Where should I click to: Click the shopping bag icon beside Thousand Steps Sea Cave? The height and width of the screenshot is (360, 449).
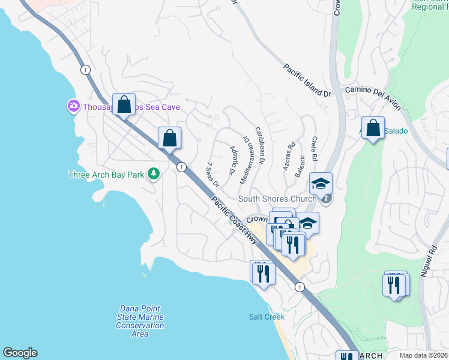tap(124, 104)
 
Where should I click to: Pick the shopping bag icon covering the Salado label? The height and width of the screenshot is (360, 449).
tap(373, 128)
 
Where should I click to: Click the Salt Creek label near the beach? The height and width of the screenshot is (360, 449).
tap(267, 316)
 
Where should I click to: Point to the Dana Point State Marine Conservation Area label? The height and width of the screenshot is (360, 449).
tap(140, 321)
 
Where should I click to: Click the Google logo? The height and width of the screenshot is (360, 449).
tap(20, 353)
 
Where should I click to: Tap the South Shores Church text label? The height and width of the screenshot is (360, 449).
tap(277, 199)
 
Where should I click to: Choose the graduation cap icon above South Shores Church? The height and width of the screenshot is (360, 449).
tap(321, 182)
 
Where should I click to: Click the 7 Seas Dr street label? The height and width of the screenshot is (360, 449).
tap(212, 173)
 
